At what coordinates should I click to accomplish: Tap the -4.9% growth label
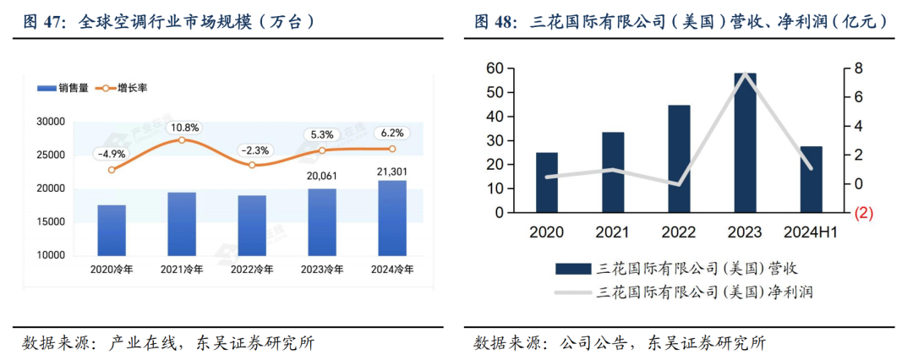[112, 154]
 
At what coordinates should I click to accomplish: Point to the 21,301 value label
[392, 172]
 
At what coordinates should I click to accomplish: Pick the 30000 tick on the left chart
[53, 123]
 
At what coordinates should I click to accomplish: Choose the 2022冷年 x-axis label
[252, 270]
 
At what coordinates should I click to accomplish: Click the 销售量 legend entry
[65, 87]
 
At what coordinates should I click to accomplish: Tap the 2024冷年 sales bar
[392, 217]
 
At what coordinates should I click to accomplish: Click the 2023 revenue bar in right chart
[745, 142]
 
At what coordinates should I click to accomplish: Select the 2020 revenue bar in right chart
[547, 182]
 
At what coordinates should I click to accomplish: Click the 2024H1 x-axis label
[811, 232]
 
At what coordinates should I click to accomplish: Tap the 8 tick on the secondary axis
[857, 68]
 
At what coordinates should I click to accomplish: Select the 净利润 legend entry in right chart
[676, 292]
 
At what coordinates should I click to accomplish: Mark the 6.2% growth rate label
[392, 133]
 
